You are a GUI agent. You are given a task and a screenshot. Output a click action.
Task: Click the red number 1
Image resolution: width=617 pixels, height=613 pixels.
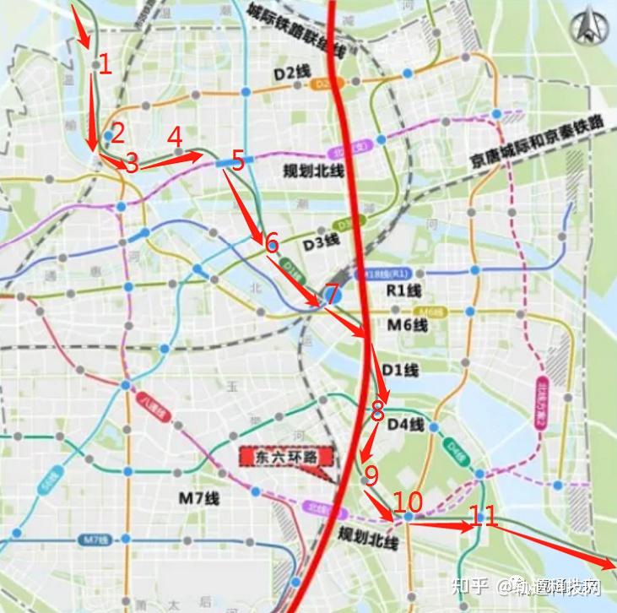click(x=106, y=64)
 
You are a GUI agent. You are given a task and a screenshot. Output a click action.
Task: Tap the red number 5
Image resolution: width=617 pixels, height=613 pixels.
click(x=237, y=160)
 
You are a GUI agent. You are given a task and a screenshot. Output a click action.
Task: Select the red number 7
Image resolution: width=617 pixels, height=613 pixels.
click(x=332, y=294)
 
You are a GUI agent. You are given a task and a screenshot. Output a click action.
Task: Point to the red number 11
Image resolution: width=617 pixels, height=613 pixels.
click(x=484, y=516)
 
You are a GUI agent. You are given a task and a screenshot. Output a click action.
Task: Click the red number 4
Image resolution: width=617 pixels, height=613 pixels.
click(x=175, y=136)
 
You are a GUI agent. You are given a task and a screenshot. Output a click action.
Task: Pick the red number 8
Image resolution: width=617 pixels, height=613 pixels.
click(x=377, y=411)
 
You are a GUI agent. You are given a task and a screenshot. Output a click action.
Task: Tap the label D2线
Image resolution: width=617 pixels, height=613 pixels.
click(x=288, y=73)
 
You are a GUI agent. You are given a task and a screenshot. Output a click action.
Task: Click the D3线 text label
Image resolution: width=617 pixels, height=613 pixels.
click(x=321, y=242)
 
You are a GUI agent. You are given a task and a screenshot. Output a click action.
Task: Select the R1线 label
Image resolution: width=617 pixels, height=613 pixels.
click(x=403, y=290)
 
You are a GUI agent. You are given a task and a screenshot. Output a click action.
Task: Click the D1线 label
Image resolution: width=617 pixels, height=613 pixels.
click(x=399, y=370)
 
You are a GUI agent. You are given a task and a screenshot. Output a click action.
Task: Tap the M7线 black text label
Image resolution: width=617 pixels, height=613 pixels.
click(x=199, y=498)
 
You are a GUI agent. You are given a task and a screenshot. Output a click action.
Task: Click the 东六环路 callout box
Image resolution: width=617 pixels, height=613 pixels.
click(x=284, y=457)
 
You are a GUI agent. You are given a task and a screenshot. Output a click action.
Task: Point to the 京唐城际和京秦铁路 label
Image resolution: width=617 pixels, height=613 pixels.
click(x=537, y=141)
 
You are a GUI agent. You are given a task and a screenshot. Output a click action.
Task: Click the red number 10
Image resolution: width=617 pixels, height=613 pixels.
click(x=408, y=502)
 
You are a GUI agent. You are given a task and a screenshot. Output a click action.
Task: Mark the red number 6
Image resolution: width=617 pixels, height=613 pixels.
click(x=271, y=243)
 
